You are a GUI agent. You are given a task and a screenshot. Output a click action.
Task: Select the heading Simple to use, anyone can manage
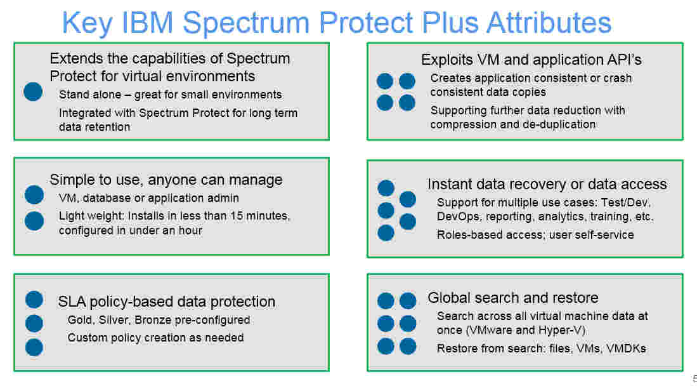coord(166,180)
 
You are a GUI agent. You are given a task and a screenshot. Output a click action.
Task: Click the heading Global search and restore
coord(512,298)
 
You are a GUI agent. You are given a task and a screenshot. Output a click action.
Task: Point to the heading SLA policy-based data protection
coord(167,302)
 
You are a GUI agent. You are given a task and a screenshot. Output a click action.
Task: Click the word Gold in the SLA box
coord(80,320)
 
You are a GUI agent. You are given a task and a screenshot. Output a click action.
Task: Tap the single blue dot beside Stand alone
coord(33,92)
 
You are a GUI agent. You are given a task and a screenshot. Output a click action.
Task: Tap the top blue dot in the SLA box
coord(34,300)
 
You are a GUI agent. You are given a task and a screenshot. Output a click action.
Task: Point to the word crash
coord(616,78)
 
